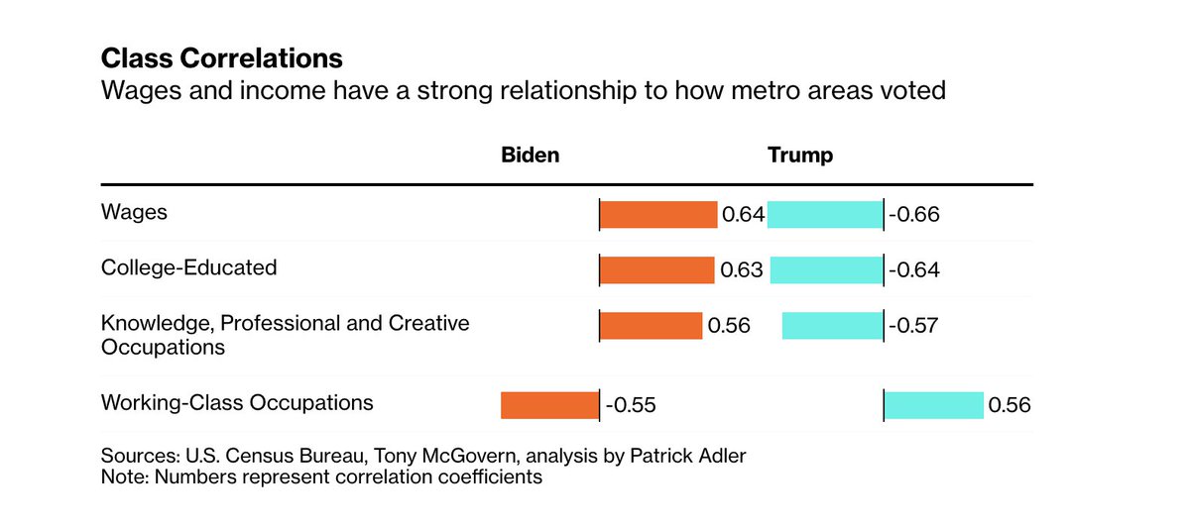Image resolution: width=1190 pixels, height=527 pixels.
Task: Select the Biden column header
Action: pos(530,156)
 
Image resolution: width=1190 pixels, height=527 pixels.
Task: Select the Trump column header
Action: pos(799,156)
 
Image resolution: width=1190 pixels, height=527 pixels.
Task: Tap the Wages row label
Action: pos(134,212)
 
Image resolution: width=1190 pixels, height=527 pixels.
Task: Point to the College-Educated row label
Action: pos(188,267)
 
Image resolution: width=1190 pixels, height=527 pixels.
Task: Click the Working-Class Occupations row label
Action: pos(237,402)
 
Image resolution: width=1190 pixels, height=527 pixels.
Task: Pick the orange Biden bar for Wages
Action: pos(658,214)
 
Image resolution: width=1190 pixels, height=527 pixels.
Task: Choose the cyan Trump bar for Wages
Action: pos(824,214)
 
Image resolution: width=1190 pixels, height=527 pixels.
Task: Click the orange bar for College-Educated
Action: pos(657,269)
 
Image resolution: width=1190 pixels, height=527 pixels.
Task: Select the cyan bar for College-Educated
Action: pos(825,269)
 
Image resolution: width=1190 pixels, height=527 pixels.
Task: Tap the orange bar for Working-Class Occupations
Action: pos(548,404)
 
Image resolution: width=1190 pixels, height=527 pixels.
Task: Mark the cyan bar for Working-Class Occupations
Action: pos(934,404)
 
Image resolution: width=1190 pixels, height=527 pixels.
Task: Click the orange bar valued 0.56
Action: pos(651,325)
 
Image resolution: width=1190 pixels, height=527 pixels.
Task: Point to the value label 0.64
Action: pos(742,215)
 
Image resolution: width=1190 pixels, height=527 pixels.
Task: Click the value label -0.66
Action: pos(913,215)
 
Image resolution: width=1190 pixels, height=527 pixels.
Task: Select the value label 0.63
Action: pos(740,270)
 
